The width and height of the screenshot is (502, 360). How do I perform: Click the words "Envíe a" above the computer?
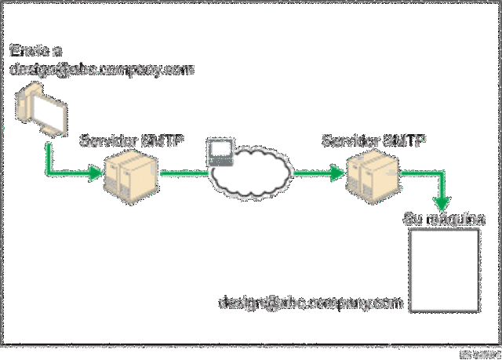coord(35,51)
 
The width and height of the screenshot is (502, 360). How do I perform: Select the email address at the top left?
coord(100,69)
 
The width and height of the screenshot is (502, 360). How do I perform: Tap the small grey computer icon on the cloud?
coord(220,151)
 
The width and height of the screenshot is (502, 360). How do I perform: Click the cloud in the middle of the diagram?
coord(251,174)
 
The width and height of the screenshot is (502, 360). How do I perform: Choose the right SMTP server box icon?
coord(375,173)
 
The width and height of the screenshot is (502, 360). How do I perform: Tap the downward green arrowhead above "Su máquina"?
coord(446,202)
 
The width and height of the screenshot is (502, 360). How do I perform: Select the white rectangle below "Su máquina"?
coord(444,270)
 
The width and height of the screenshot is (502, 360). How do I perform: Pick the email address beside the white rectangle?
coord(311,300)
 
